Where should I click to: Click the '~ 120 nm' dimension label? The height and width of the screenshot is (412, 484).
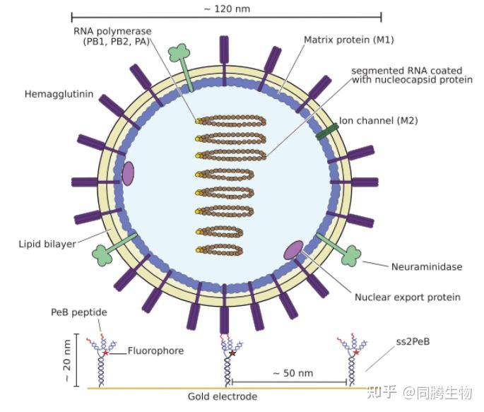[x=226, y=9]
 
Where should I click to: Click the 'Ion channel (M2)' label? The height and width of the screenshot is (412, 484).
[x=378, y=121]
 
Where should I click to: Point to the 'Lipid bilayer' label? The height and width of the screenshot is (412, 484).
[x=47, y=245]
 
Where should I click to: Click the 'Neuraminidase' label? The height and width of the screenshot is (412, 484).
[x=427, y=267]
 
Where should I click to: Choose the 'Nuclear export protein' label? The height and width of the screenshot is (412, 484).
[x=407, y=298]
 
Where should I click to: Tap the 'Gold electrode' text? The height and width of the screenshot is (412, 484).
[x=222, y=396]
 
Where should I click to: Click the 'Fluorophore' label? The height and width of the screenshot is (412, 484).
[x=155, y=351]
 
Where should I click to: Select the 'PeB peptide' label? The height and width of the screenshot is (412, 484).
[x=79, y=312]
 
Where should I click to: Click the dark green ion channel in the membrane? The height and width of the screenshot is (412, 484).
[x=326, y=131]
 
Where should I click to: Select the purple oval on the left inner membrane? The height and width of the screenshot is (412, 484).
[x=128, y=173]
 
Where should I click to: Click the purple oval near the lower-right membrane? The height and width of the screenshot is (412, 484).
[x=293, y=249]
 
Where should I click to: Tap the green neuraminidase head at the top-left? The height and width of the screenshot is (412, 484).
[x=178, y=53]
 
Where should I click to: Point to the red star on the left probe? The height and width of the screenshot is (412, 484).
[x=106, y=351]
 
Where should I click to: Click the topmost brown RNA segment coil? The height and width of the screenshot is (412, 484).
[x=231, y=121]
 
